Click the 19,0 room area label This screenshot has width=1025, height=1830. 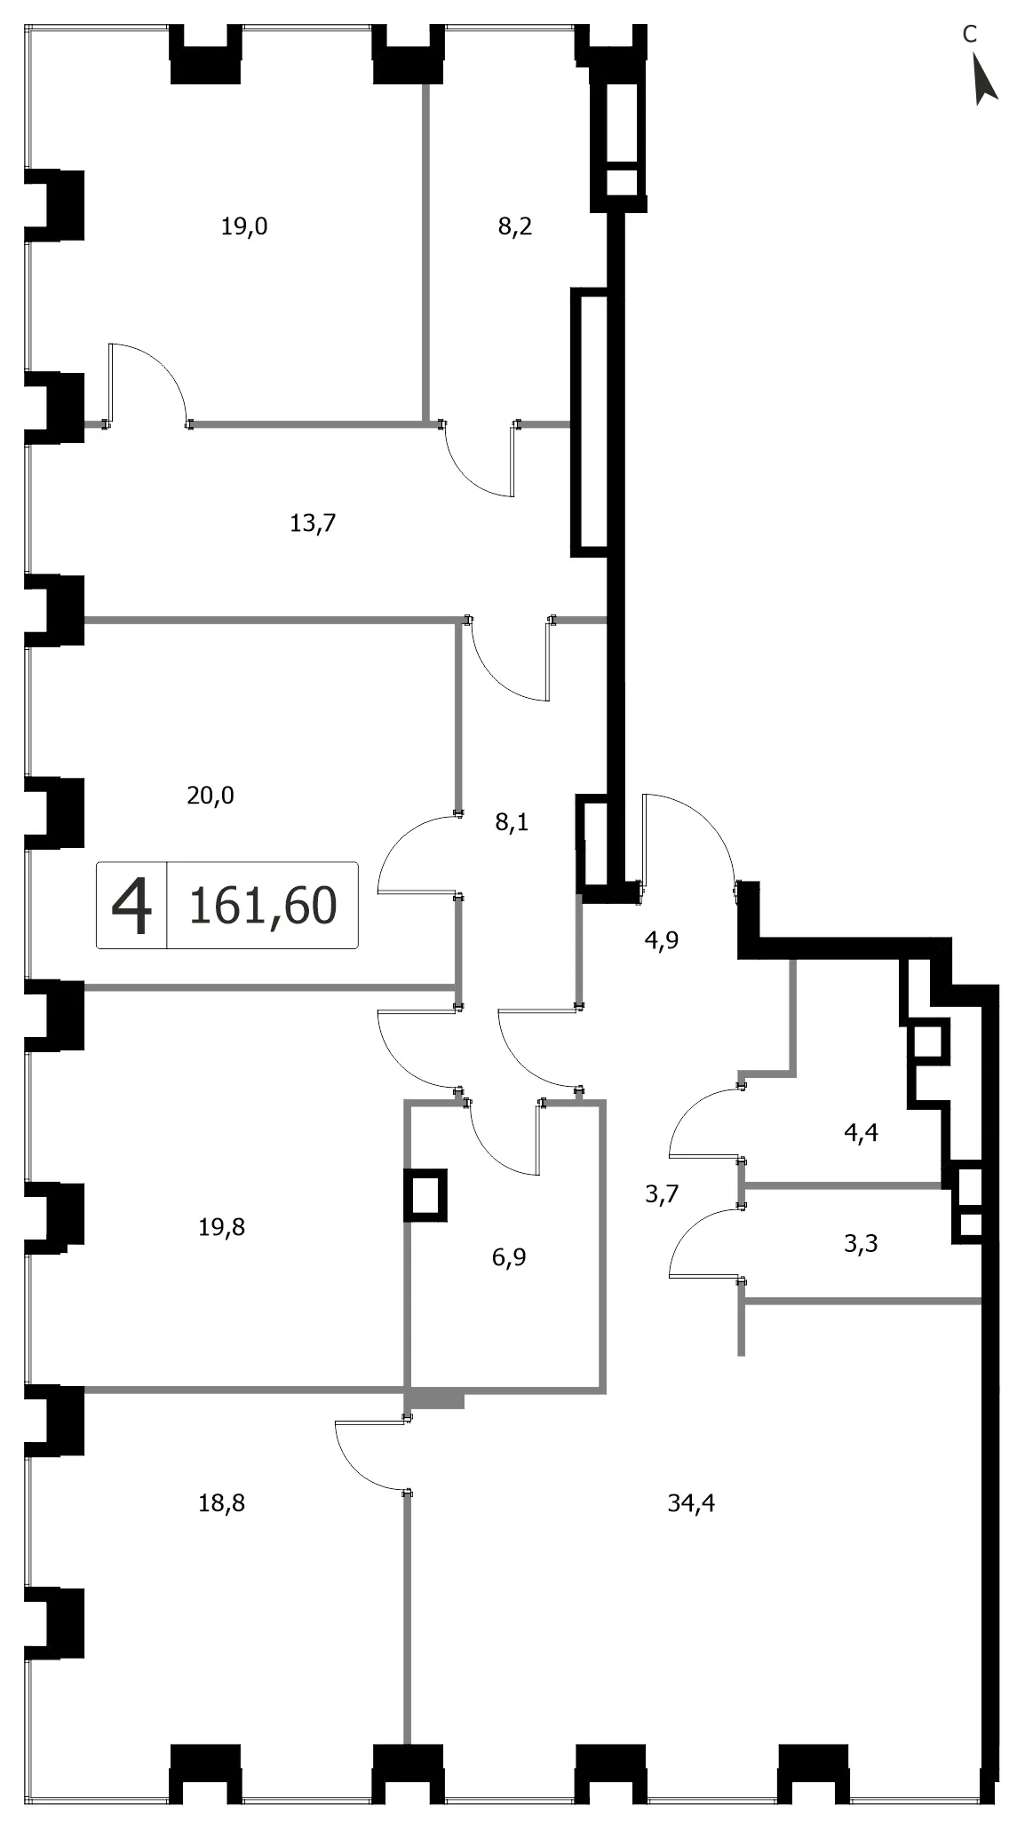click(x=244, y=226)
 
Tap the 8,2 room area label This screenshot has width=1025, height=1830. click(x=515, y=226)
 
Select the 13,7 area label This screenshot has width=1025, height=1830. click(x=313, y=523)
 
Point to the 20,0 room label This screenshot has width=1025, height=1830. click(x=211, y=795)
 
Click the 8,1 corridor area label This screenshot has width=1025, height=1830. click(x=512, y=822)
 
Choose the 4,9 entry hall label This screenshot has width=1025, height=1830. click(x=662, y=940)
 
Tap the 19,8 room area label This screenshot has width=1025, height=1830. click(x=222, y=1227)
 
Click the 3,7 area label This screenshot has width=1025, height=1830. click(x=662, y=1194)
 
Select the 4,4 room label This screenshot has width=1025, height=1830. click(x=861, y=1132)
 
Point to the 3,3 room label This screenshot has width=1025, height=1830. click(x=861, y=1244)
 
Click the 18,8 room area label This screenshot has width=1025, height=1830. click(x=222, y=1503)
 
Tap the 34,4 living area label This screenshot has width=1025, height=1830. click(x=691, y=1503)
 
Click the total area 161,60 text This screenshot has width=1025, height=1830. click(x=264, y=906)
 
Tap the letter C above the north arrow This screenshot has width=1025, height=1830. click(x=970, y=34)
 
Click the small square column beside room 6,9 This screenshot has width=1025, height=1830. click(x=425, y=1194)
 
